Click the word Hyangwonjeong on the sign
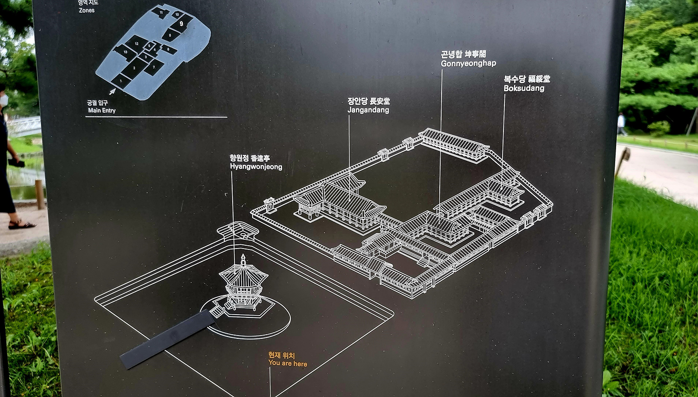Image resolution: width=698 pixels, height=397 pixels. pyautogui.click(x=256, y=167)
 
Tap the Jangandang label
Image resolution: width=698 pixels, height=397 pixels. pyautogui.click(x=368, y=110)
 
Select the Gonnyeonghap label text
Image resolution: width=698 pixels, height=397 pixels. pyautogui.click(x=468, y=63)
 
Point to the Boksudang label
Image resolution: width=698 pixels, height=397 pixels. pyautogui.click(x=523, y=88)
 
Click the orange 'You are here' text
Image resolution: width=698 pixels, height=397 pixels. pyautogui.click(x=288, y=363)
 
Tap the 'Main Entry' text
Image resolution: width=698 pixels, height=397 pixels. pyautogui.click(x=101, y=110)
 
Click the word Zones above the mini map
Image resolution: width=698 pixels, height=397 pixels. pyautogui.click(x=87, y=10)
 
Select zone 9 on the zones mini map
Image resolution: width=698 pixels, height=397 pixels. pyautogui.click(x=181, y=23)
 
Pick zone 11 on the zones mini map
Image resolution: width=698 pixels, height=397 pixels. pyautogui.click(x=161, y=13)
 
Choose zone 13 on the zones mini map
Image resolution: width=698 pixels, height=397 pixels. pyautogui.click(x=125, y=52)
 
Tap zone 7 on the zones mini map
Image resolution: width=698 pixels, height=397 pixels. pyautogui.click(x=154, y=67)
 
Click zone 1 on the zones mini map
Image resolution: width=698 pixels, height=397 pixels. pyautogui.click(x=121, y=81)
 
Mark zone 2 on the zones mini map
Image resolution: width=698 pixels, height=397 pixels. pyautogui.click(x=134, y=68)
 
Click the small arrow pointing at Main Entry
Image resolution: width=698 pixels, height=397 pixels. pyautogui.click(x=112, y=91)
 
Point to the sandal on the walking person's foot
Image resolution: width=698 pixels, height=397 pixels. pyautogui.click(x=21, y=225)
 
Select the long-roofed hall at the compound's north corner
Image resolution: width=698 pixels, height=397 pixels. pyautogui.click(x=453, y=144)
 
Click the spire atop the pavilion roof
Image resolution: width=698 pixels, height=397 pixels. pyautogui.click(x=243, y=259)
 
